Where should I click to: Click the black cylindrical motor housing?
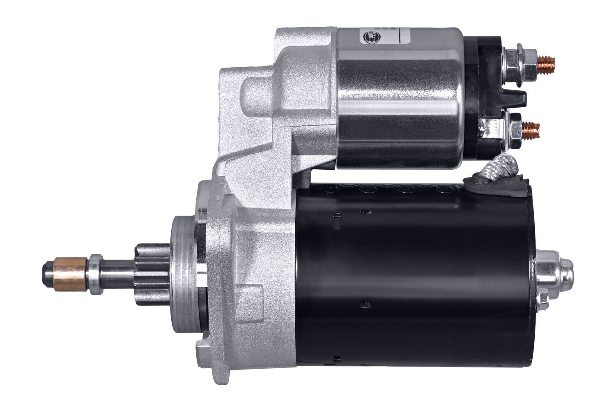tap(411, 279)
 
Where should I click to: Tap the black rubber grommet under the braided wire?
tap(472, 183)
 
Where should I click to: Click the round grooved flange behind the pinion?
tap(185, 271)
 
